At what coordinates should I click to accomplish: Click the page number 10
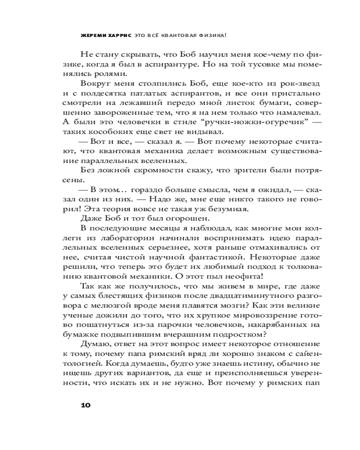[x=85, y=404]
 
